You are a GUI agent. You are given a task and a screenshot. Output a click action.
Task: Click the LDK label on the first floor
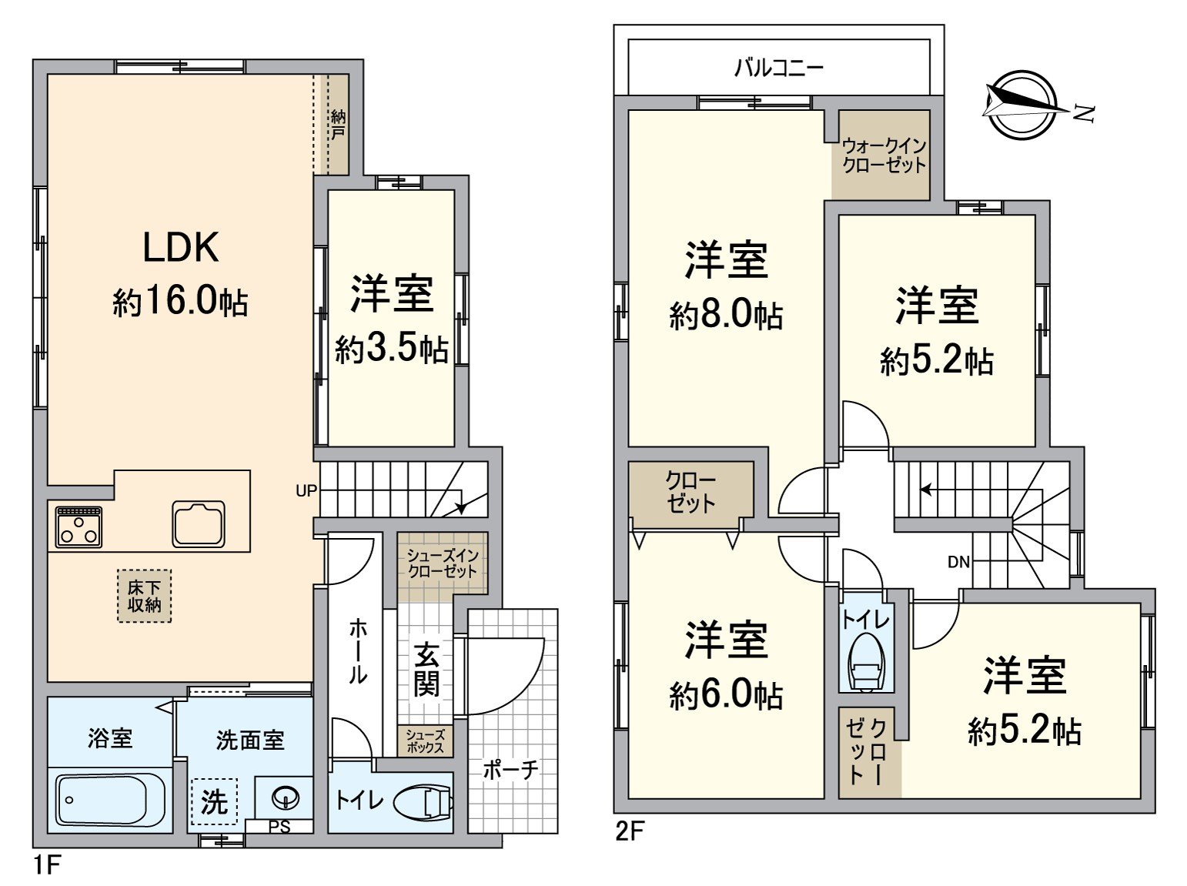coord(181,248)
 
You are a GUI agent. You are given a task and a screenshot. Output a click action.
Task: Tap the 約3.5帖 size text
coord(391,351)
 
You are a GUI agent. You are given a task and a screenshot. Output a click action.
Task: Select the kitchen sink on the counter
coord(199,523)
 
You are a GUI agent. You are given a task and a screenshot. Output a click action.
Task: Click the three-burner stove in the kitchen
coord(79,525)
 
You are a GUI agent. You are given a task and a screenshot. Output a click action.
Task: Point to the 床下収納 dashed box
coord(144,596)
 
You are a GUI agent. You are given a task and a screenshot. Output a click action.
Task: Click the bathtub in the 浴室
coord(110,800)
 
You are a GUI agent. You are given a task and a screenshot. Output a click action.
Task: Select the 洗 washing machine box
coord(214,801)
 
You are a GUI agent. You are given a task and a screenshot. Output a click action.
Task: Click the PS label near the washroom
coord(279,827)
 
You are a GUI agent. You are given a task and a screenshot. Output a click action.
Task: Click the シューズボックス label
coord(425,741)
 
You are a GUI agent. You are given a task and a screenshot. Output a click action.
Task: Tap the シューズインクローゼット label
coord(443,563)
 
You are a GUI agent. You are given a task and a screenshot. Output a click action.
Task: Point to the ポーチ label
coord(510,769)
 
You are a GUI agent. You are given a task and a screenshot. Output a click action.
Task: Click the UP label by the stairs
coord(306,490)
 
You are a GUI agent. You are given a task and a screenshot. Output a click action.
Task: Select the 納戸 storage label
coord(338,125)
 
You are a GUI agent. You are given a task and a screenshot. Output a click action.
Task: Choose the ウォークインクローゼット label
coord(884,155)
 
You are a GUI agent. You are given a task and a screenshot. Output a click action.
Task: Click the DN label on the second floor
coord(958,562)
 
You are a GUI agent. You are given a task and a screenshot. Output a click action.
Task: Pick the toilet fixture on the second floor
coord(866,665)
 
